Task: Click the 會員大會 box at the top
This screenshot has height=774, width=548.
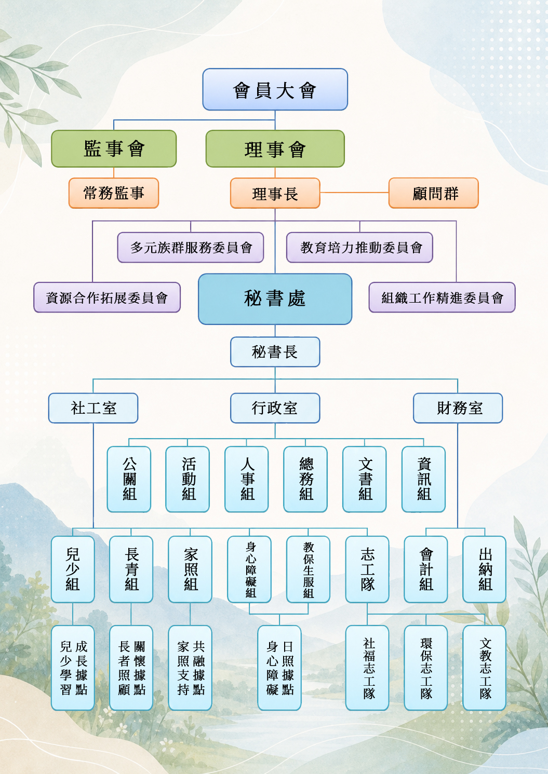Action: click(275, 89)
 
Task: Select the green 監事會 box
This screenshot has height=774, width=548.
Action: click(114, 148)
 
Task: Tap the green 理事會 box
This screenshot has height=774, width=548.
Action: click(275, 148)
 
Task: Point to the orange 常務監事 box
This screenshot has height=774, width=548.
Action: click(114, 193)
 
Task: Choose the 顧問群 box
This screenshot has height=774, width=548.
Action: click(434, 193)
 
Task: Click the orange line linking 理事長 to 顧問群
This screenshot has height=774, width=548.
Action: click(354, 193)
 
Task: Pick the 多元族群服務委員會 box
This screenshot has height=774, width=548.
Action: click(191, 248)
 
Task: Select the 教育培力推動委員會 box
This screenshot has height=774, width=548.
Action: click(359, 248)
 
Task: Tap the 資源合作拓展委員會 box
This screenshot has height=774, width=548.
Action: click(107, 297)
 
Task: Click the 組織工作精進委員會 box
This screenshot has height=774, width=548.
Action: click(442, 297)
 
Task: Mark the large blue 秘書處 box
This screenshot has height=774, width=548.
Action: click(275, 299)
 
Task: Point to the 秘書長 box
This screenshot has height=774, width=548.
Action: click(275, 352)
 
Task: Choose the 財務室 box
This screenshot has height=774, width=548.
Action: click(458, 408)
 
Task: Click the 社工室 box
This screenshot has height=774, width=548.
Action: click(93, 408)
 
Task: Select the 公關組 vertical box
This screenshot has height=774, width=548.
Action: click(129, 479)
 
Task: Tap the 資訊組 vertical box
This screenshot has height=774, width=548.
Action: click(423, 479)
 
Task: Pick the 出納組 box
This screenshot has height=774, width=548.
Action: click(485, 569)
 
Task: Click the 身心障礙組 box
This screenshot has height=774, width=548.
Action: click(249, 569)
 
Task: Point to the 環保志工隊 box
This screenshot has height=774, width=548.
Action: click(426, 668)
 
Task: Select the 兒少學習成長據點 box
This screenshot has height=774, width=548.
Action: click(73, 668)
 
